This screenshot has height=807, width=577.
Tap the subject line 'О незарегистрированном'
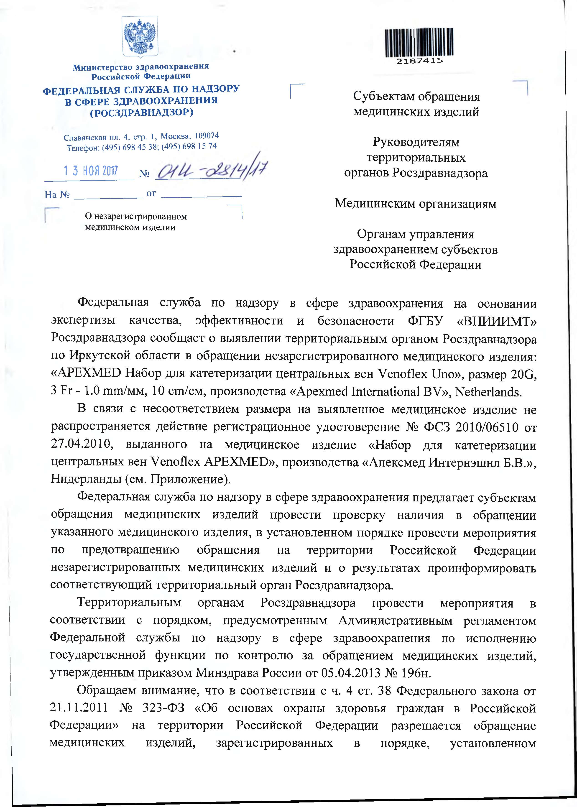click(136, 216)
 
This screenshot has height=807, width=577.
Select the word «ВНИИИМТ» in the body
click(496, 321)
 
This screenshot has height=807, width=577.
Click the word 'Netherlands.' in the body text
click(488, 392)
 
